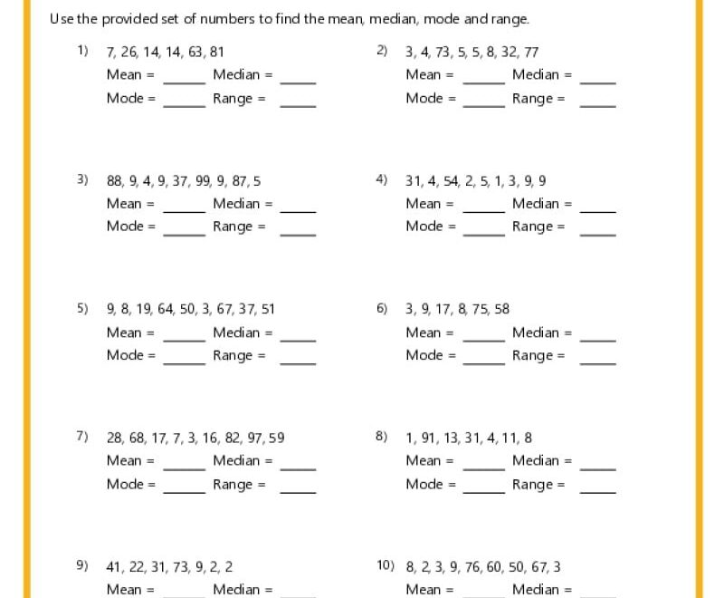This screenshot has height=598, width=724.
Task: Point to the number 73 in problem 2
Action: [x=443, y=53]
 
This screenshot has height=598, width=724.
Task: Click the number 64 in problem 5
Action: [x=165, y=309]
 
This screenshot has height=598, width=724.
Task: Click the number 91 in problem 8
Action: [x=430, y=438]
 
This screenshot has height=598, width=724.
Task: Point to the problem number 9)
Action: [x=81, y=566]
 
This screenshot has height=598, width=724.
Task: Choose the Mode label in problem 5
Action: [x=125, y=355]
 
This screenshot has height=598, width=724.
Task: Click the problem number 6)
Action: [x=381, y=308]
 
